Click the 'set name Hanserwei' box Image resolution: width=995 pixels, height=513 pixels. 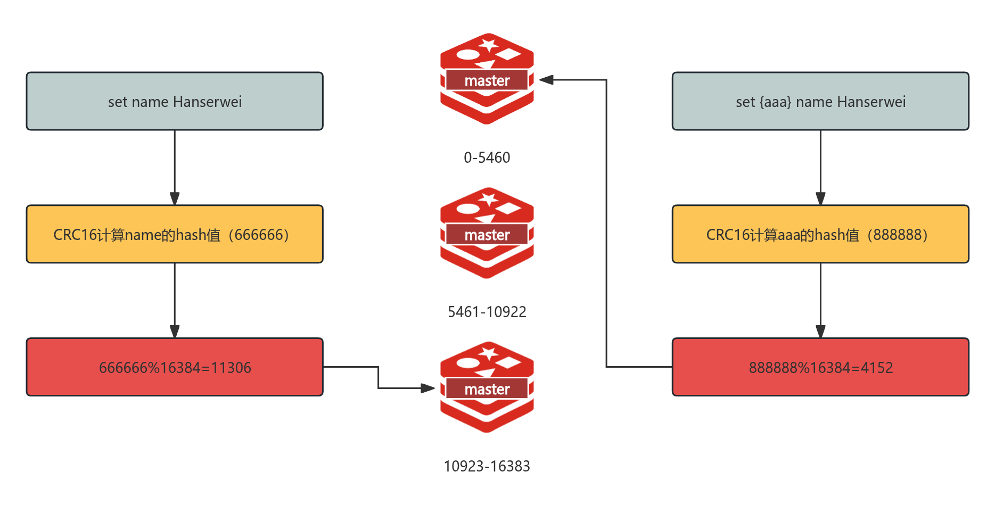click(175, 101)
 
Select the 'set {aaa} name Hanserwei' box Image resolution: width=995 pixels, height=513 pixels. click(820, 101)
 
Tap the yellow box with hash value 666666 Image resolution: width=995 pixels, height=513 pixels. click(175, 234)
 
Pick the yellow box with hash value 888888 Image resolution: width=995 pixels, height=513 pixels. click(820, 234)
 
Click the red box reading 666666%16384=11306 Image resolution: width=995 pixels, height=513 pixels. click(175, 367)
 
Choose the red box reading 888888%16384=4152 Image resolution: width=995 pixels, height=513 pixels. click(820, 367)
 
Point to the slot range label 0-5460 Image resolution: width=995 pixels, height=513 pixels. click(487, 158)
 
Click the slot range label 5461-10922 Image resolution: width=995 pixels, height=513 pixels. click(487, 312)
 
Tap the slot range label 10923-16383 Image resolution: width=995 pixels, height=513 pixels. click(487, 466)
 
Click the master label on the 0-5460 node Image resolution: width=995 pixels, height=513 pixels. click(487, 80)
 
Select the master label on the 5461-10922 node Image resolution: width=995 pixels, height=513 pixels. click(487, 235)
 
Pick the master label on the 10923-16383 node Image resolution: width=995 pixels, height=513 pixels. click(487, 389)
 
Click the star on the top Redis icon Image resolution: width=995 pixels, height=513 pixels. click(488, 43)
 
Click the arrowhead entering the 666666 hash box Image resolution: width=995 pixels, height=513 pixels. click(175, 198)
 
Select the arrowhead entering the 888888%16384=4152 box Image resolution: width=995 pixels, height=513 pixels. click(820, 332)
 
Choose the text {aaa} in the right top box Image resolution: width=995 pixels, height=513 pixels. click(775, 102)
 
